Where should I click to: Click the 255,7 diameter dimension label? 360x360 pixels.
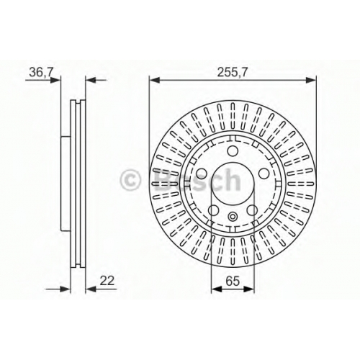[232, 72]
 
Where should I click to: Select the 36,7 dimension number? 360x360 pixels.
[41, 72]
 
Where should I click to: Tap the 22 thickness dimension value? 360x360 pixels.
[107, 281]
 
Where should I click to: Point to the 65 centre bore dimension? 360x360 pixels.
[233, 281]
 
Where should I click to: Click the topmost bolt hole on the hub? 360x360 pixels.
[233, 151]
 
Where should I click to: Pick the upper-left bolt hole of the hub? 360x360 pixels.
[202, 173]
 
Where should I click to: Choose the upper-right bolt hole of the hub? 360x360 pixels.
[264, 173]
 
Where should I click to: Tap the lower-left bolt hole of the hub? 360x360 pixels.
[213, 210]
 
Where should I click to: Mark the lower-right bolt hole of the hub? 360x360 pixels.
[252, 210]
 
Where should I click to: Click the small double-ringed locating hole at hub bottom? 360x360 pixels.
[233, 217]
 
